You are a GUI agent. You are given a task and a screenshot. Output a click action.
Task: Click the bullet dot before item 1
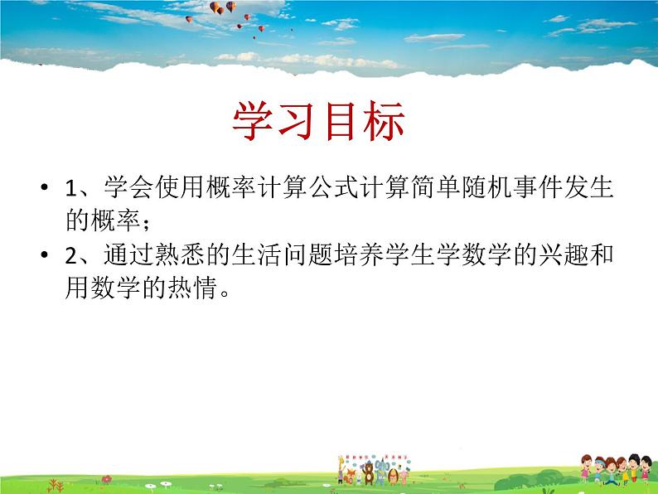coord(42,189)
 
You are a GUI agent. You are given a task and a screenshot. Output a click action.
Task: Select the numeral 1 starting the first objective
coord(70,190)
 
